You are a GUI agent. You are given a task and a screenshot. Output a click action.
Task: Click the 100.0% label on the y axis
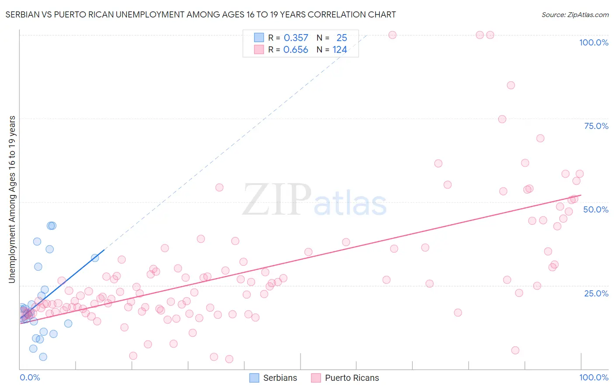(x=593, y=42)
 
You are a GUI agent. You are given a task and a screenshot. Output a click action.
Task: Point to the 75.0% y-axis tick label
(x=596, y=126)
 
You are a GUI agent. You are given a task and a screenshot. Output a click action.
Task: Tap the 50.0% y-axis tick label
(x=596, y=209)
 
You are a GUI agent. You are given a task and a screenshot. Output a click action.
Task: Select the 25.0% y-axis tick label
(x=596, y=293)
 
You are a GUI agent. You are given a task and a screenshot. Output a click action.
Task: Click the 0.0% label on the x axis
(x=30, y=377)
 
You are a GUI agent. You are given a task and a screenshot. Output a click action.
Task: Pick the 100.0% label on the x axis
(x=593, y=377)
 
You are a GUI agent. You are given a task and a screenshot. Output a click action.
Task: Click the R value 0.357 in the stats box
(x=296, y=38)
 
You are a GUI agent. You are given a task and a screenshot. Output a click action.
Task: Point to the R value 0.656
(x=296, y=50)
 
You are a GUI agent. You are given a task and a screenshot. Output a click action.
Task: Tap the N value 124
(x=340, y=50)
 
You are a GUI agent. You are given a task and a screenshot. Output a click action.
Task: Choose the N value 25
(x=341, y=38)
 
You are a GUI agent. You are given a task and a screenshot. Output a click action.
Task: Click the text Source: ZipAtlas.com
(x=575, y=15)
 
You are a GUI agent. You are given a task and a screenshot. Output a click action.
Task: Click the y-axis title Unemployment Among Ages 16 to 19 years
(x=12, y=199)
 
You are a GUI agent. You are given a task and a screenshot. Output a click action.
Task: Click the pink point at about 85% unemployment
(x=511, y=85)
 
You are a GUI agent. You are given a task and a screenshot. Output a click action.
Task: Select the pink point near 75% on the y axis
(x=502, y=119)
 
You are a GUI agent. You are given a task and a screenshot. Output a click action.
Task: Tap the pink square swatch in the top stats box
(x=259, y=50)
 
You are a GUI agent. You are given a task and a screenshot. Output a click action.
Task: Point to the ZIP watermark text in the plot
(x=277, y=200)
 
